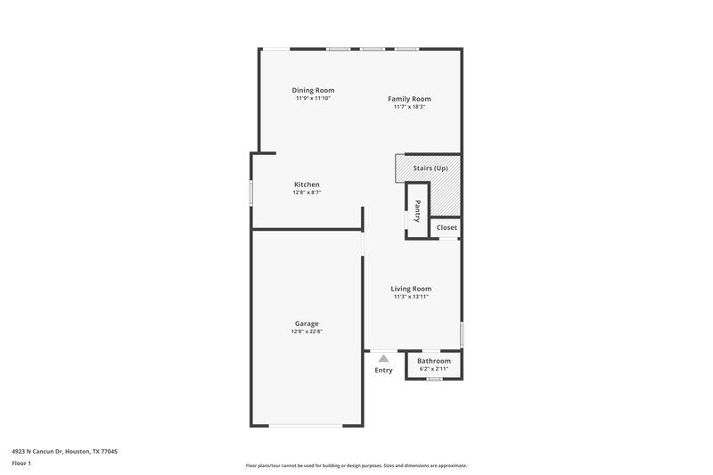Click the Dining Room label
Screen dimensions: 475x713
click(313, 90)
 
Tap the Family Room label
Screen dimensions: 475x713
click(409, 99)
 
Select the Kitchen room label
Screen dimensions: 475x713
click(307, 184)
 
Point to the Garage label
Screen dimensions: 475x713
click(307, 323)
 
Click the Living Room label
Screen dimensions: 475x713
click(411, 288)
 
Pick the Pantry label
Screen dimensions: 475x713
click(417, 211)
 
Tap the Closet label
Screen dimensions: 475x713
click(447, 227)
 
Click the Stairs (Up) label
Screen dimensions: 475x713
click(430, 168)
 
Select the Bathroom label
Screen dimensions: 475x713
click(434, 361)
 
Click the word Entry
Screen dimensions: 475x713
click(383, 370)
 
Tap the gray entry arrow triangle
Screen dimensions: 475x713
click(383, 357)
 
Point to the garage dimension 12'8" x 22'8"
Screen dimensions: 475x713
click(307, 332)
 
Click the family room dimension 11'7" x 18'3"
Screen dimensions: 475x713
click(409, 107)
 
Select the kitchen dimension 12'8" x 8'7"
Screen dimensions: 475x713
click(307, 192)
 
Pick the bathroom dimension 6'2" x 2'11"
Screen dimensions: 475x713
click(434, 368)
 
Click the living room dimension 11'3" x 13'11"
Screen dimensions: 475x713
click(411, 296)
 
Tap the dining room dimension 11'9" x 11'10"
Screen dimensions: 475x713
click(313, 98)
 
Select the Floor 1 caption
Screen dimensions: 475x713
click(21, 464)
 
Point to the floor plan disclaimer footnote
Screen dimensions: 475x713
click(356, 465)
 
